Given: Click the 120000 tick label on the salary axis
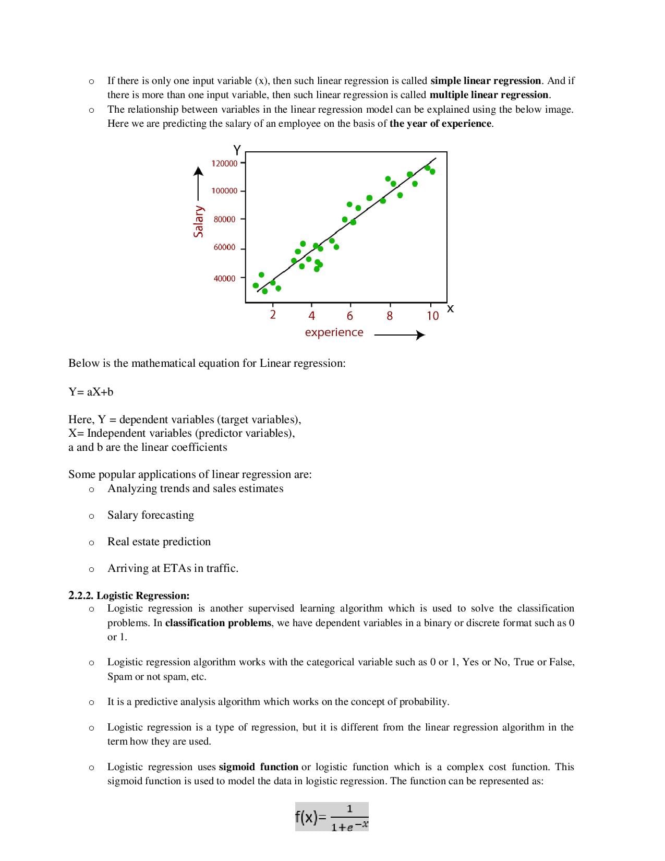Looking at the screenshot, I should pyautogui.click(x=224, y=163).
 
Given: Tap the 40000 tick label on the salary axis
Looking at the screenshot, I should pyautogui.click(x=224, y=279).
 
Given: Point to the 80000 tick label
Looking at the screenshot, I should pyautogui.click(x=224, y=219).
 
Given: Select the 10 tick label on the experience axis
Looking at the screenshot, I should pyautogui.click(x=432, y=316).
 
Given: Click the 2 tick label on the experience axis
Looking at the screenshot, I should pyautogui.click(x=272, y=315).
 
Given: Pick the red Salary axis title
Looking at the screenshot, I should pyautogui.click(x=198, y=221).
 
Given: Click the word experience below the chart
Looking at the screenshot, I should pyautogui.click(x=334, y=332).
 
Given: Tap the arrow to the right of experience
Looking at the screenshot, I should pyautogui.click(x=400, y=335).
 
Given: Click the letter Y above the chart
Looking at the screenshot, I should pyautogui.click(x=237, y=150).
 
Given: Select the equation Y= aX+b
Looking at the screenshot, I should pyautogui.click(x=91, y=392).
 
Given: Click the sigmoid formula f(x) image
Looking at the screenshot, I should pyautogui.click(x=332, y=817).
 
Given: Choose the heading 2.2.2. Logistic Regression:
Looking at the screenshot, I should pyautogui.click(x=129, y=595).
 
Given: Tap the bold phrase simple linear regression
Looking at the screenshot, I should pyautogui.click(x=486, y=81).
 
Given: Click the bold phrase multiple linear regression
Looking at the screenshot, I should pyautogui.click(x=489, y=95).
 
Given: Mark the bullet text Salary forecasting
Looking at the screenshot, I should pyautogui.click(x=151, y=515).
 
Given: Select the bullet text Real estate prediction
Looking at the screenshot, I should pyautogui.click(x=159, y=542).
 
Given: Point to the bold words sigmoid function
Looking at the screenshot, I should pyautogui.click(x=258, y=767).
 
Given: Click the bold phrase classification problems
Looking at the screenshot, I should pyautogui.click(x=218, y=623).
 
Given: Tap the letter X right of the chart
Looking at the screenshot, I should pyautogui.click(x=451, y=309).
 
